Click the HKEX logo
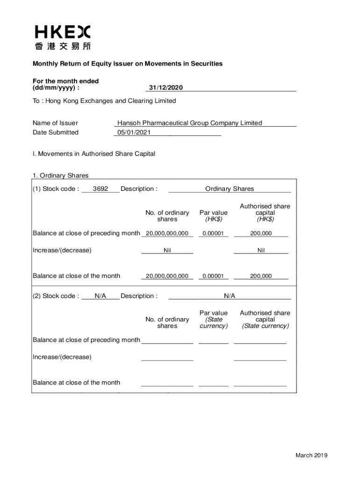[63, 37]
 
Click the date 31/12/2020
[166, 88]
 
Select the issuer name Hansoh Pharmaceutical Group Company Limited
[189, 123]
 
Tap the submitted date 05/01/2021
[134, 132]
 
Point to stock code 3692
[101, 189]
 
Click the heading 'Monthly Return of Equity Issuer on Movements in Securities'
[127, 64]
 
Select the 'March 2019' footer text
[311, 456]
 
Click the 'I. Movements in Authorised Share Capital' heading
[94, 154]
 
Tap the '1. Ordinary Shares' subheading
[60, 176]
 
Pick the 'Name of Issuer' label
[55, 123]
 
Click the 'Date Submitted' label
[56, 132]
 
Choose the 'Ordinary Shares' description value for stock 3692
[230, 189]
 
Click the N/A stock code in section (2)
[101, 296]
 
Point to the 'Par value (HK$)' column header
[213, 216]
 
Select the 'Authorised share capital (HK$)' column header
[265, 213]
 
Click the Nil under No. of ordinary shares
[167, 251]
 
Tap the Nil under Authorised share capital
[261, 251]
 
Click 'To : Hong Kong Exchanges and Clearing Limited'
[104, 101]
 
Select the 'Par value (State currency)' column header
[213, 319]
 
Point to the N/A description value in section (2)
[230, 296]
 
